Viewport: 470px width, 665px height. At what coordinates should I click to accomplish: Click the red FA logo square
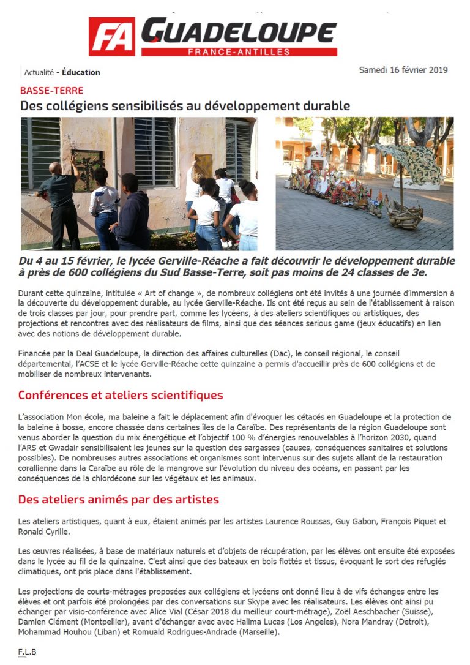[112, 37]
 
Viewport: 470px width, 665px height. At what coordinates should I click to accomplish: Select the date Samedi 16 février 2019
[403, 70]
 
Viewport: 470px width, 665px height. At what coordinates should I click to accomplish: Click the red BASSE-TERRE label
[51, 91]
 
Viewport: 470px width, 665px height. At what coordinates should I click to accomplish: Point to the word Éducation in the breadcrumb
[81, 72]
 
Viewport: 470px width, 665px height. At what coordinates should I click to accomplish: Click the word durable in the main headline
[328, 106]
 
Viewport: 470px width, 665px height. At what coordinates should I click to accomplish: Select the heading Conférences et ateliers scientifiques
[121, 395]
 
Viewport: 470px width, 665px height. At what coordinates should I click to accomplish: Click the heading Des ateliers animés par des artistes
[118, 500]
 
